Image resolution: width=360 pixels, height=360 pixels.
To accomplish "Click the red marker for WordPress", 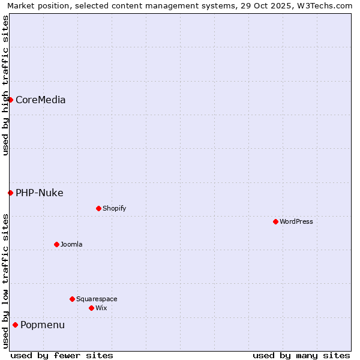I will (x=275, y=221).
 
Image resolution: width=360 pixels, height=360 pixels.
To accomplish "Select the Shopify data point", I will (x=98, y=208).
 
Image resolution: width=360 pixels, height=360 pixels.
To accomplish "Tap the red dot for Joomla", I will (x=56, y=244).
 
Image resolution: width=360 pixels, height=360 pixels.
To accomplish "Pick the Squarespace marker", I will (x=72, y=299).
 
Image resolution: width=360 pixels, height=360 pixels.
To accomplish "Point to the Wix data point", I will (x=91, y=308).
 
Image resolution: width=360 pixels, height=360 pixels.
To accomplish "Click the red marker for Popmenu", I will (x=15, y=325).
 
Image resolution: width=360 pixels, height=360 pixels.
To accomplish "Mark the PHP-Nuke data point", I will (x=10, y=193).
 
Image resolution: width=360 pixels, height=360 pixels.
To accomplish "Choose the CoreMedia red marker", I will (x=10, y=100).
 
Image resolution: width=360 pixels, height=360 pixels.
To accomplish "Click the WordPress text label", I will (x=296, y=222).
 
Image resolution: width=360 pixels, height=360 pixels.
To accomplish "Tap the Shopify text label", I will (x=114, y=209).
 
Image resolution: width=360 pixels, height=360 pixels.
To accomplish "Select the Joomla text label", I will (x=71, y=245).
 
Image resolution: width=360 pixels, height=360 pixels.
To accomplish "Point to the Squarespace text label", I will (x=97, y=299).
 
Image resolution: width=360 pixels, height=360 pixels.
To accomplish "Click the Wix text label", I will (x=101, y=308).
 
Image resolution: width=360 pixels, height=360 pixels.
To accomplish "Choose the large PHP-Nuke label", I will (x=40, y=193).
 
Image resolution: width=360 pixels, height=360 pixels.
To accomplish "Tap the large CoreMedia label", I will (x=41, y=100).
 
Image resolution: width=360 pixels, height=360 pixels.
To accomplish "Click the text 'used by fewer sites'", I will (x=62, y=355).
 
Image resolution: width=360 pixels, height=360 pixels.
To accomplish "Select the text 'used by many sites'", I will (x=301, y=355).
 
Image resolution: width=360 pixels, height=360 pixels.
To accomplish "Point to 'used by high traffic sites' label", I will (x=5, y=85).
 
